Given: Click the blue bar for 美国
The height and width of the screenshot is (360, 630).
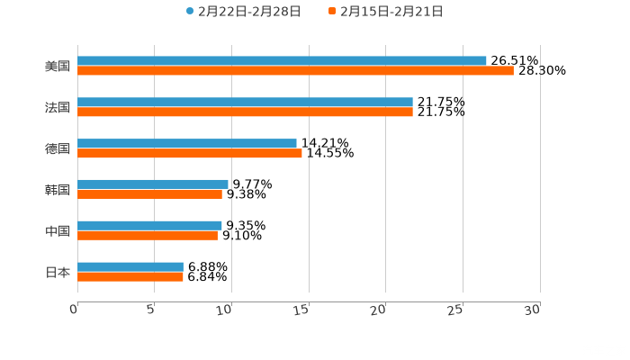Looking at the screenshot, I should point(282,61).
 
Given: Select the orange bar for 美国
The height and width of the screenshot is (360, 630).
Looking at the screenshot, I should point(295,71).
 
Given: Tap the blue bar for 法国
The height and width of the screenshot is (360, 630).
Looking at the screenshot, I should point(245,103).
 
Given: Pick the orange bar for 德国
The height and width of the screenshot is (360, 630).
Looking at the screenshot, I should point(190,154).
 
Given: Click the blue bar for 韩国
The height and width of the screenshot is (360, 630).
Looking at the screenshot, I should point(153,184).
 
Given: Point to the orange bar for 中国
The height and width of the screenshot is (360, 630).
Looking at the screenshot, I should point(148,236).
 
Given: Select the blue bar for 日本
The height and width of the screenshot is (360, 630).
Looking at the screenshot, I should point(130,267).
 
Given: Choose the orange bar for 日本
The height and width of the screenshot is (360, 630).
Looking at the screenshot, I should point(130,277).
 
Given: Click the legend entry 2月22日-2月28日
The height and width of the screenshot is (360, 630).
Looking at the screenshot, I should point(243,12).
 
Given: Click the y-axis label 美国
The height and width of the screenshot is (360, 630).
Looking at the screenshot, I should point(58,66).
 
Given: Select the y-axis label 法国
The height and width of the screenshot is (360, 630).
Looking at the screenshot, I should point(58,107).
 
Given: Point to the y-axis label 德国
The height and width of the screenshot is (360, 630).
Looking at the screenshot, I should point(58,148).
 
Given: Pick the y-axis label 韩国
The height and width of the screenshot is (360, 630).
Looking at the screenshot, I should point(58,190).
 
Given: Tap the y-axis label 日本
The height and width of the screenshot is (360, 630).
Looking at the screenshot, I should point(58,272).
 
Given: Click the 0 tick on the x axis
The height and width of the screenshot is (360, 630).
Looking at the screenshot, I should point(75,309).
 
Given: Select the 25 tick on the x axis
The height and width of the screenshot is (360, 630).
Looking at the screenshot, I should point(458,309).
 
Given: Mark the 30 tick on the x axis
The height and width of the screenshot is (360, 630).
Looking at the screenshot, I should point(535,309).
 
